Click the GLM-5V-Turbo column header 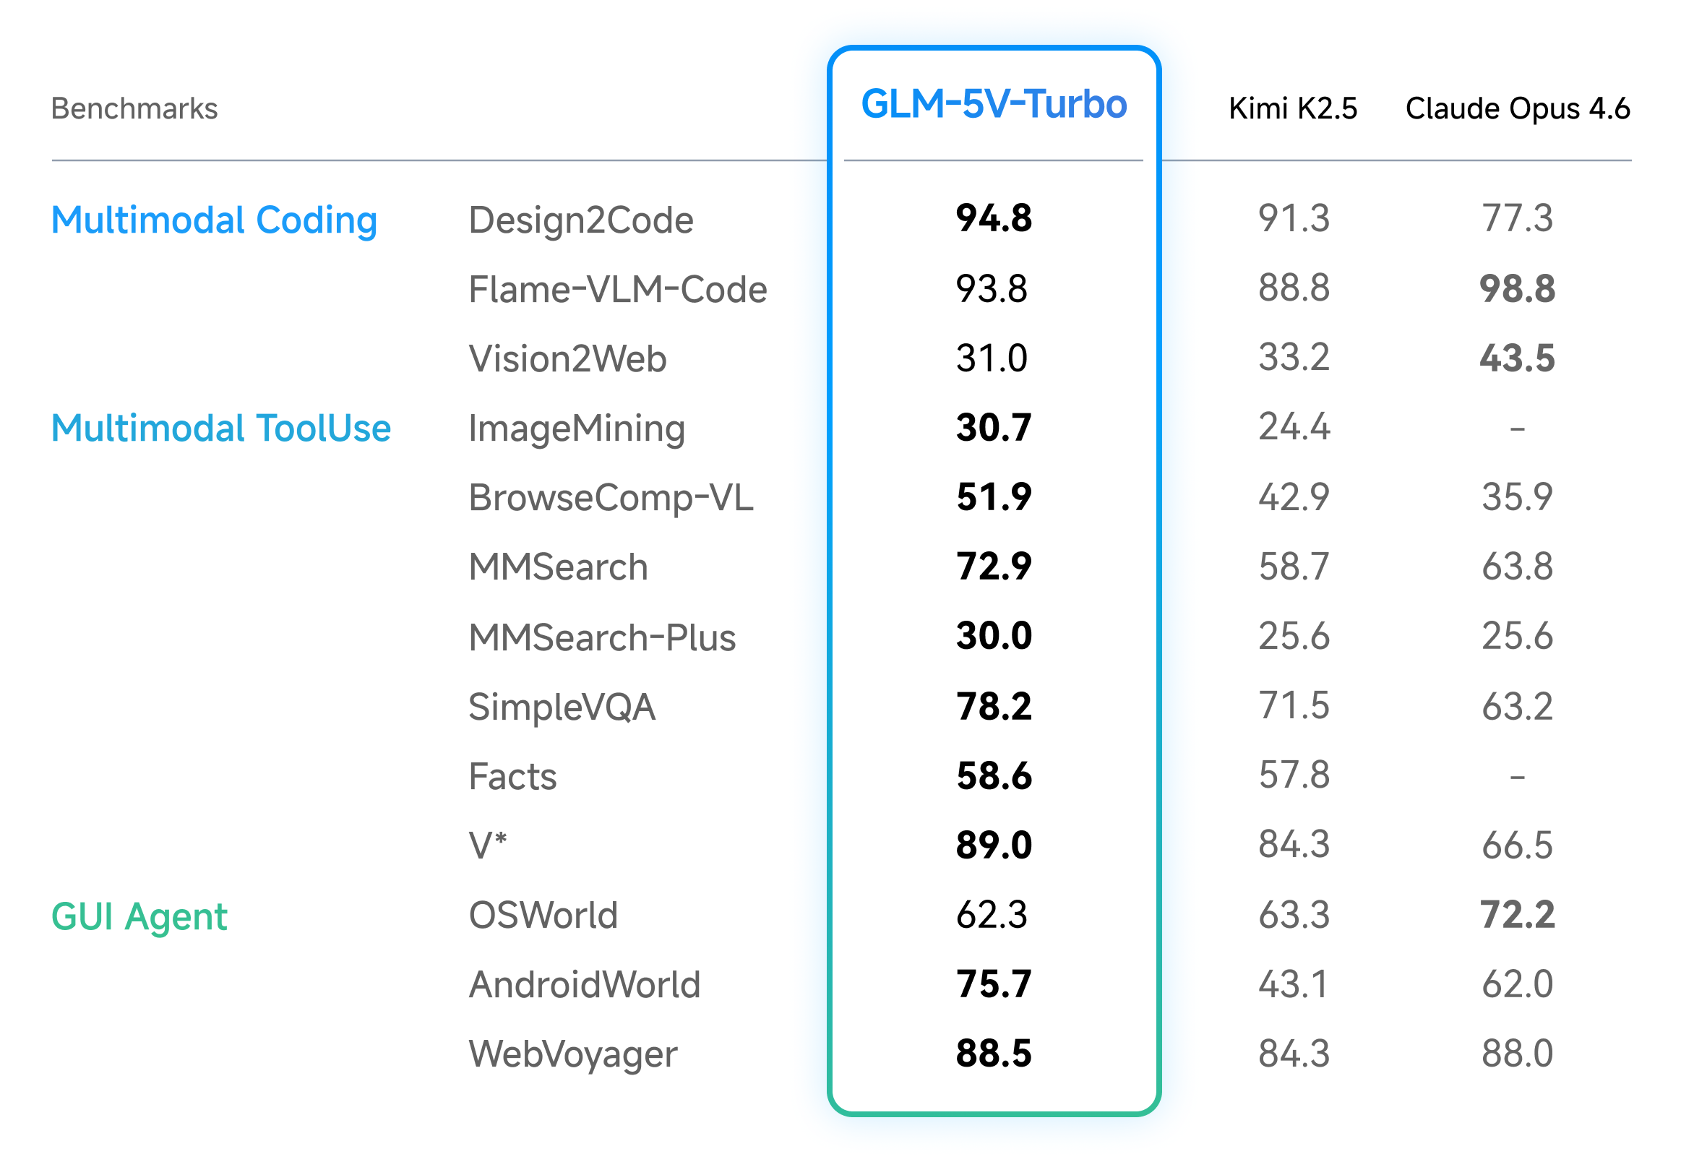coord(994,104)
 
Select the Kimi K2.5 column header coord(1293,108)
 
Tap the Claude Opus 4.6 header coord(1517,108)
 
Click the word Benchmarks coord(134,108)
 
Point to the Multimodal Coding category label coord(214,220)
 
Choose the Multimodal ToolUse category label coord(221,428)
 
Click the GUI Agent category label coord(139,916)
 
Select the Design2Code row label coord(580,220)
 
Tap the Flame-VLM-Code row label coord(617,289)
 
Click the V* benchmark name coord(487,845)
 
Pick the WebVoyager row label coord(573,1054)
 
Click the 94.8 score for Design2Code coord(994,218)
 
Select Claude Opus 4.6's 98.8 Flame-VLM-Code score coord(1517,289)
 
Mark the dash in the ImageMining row coord(1517,429)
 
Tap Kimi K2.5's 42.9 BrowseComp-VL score coord(1294,497)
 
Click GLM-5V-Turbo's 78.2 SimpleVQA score coord(994,706)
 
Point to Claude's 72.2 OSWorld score coord(1517,915)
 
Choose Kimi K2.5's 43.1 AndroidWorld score coord(1294,984)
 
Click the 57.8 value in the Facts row coord(1294,775)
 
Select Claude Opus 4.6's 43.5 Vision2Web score coord(1517,358)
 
